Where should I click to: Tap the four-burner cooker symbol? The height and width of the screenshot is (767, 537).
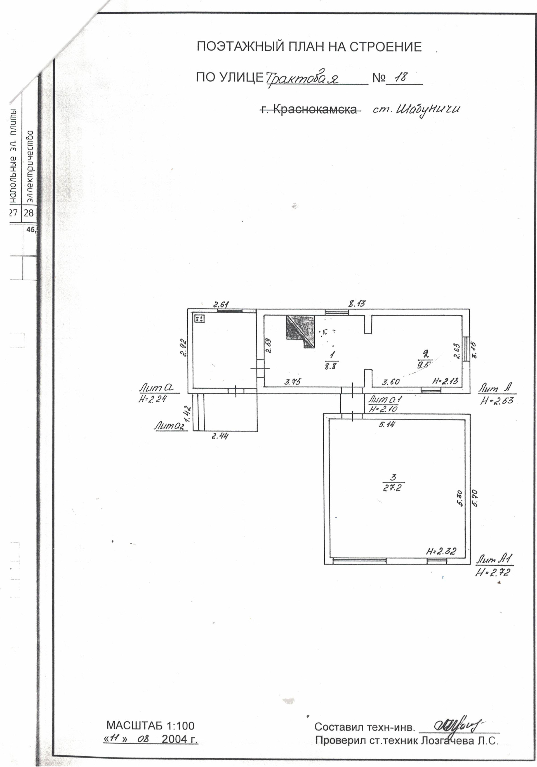coord(200,318)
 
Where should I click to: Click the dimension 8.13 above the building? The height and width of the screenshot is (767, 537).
coord(357,304)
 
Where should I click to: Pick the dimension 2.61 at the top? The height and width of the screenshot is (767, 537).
coord(221,304)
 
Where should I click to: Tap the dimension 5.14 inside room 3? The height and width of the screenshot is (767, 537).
coord(387,425)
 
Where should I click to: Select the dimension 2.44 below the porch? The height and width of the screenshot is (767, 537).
coord(220,436)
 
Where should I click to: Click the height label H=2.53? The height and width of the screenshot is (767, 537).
coord(497,400)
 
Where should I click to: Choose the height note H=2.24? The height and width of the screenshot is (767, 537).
coord(152,398)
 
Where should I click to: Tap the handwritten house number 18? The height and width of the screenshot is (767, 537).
coord(401,78)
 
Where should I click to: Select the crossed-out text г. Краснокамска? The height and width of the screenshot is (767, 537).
coord(310,109)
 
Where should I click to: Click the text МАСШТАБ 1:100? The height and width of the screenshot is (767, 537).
coord(150,726)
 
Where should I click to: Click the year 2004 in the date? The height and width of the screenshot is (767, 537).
coord(174,739)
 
